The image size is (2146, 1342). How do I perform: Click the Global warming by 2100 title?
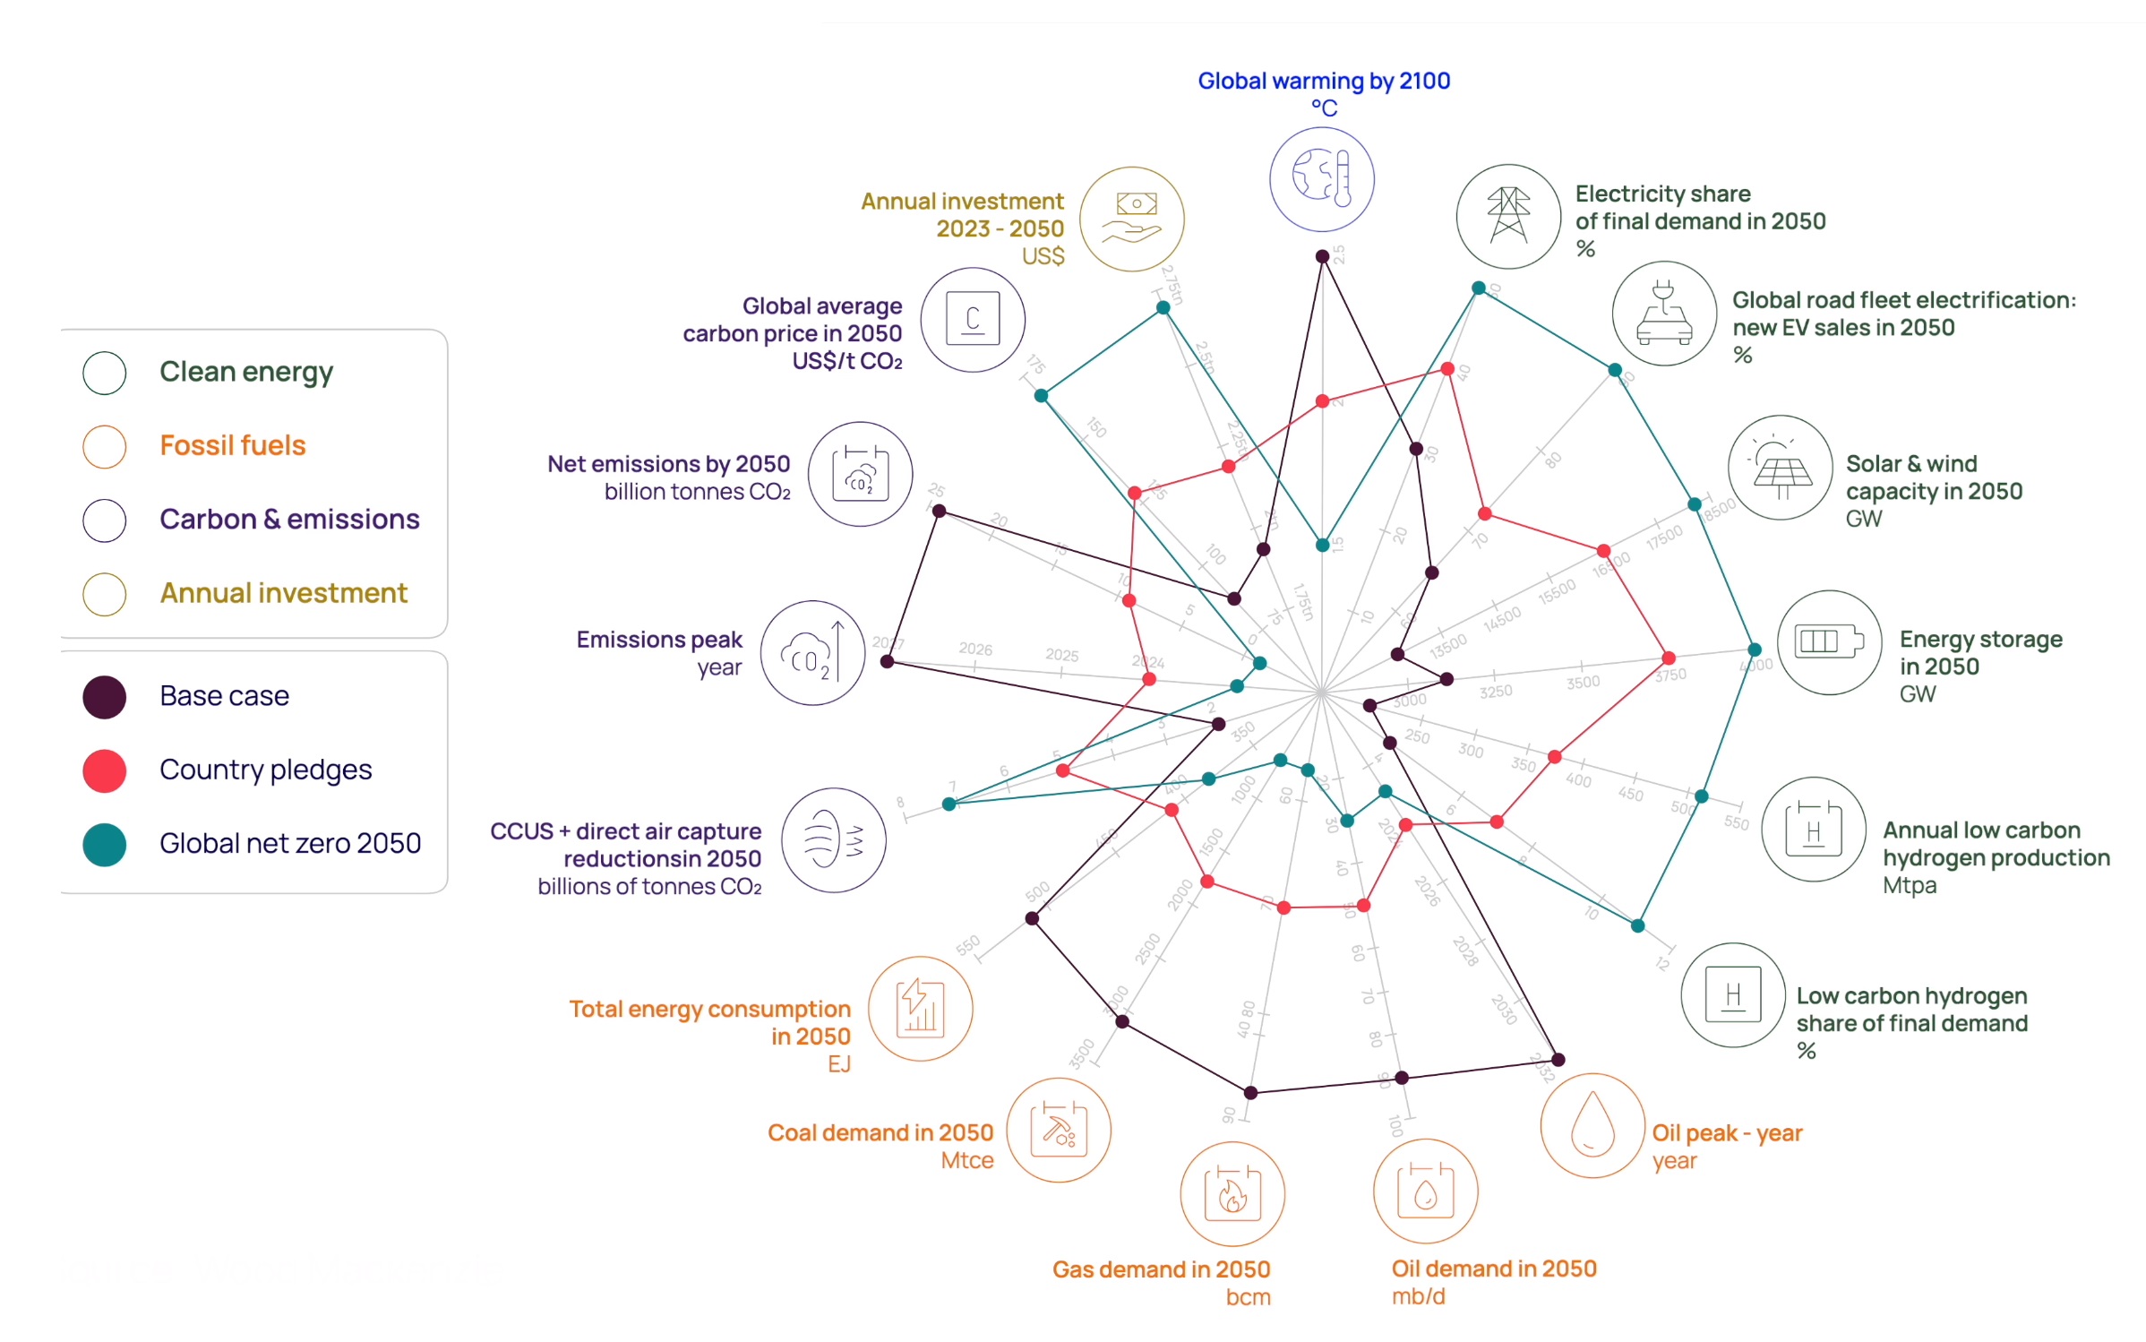point(1323,82)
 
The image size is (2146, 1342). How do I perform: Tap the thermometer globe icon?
point(1321,179)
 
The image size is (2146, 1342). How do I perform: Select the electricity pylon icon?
point(1508,216)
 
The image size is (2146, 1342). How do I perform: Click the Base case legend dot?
point(104,697)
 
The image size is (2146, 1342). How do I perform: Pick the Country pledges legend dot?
point(104,770)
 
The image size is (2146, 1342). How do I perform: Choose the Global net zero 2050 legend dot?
point(104,844)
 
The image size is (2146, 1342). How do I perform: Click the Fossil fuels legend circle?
point(104,446)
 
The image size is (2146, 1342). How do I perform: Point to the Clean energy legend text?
point(245,372)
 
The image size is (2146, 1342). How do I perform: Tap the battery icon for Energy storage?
point(1829,642)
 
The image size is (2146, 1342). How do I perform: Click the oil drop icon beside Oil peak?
point(1592,1125)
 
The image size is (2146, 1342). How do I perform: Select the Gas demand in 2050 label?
point(1161,1269)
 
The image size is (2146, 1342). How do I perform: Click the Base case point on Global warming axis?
point(1322,257)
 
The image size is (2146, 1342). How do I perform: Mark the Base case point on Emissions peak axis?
point(887,661)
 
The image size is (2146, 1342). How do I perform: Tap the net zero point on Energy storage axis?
point(1754,649)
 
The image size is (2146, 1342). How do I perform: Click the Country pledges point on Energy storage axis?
point(1668,658)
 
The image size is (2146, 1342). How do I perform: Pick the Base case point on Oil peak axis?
point(1558,1060)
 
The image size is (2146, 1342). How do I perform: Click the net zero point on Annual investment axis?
point(1163,308)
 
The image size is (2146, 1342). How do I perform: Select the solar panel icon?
point(1780,468)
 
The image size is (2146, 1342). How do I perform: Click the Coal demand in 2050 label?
point(880,1132)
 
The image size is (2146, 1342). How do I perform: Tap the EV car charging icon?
point(1663,314)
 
